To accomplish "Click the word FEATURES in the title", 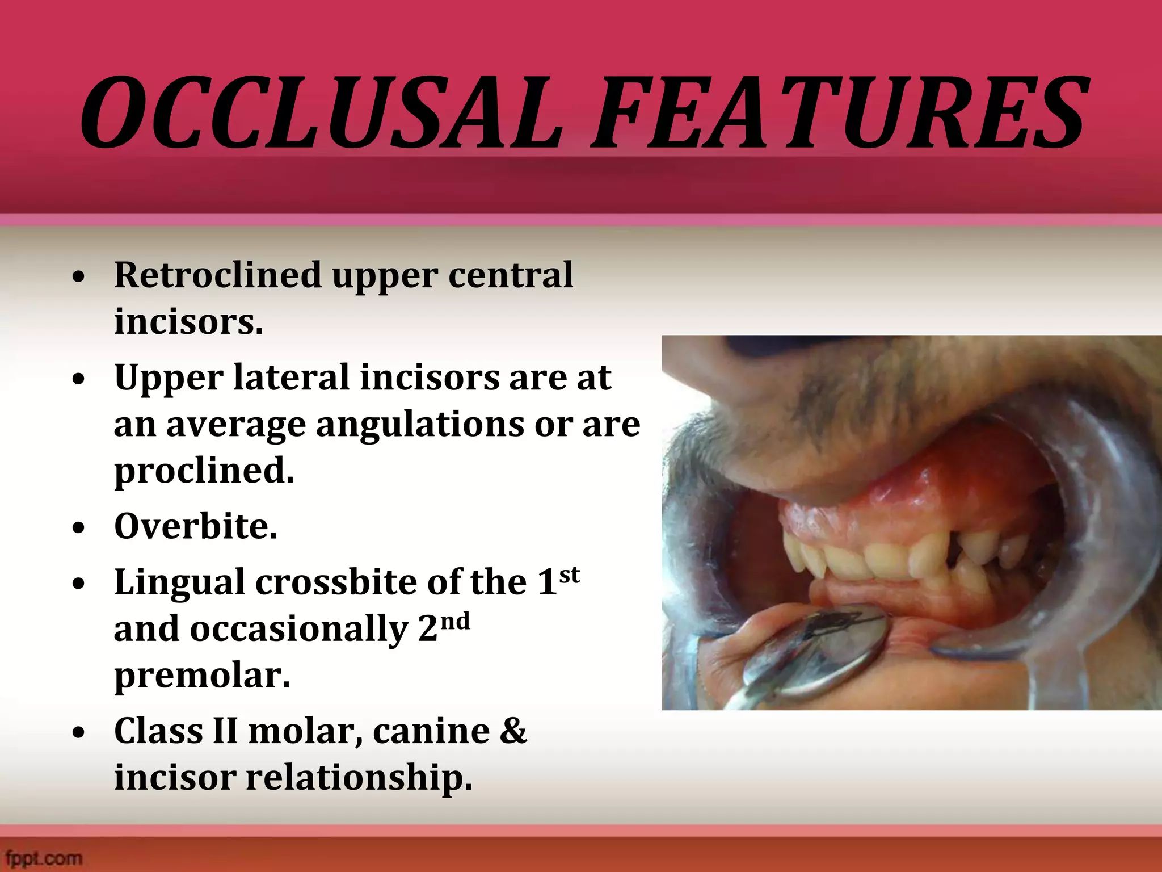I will point(837,114).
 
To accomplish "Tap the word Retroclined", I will point(218,275).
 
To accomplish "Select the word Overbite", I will point(195,526).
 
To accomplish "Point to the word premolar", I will point(201,676).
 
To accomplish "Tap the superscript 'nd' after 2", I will point(454,622).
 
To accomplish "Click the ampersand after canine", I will point(513,731).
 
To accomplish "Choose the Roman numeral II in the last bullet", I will point(225,731).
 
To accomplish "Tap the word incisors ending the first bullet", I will point(188,322).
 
